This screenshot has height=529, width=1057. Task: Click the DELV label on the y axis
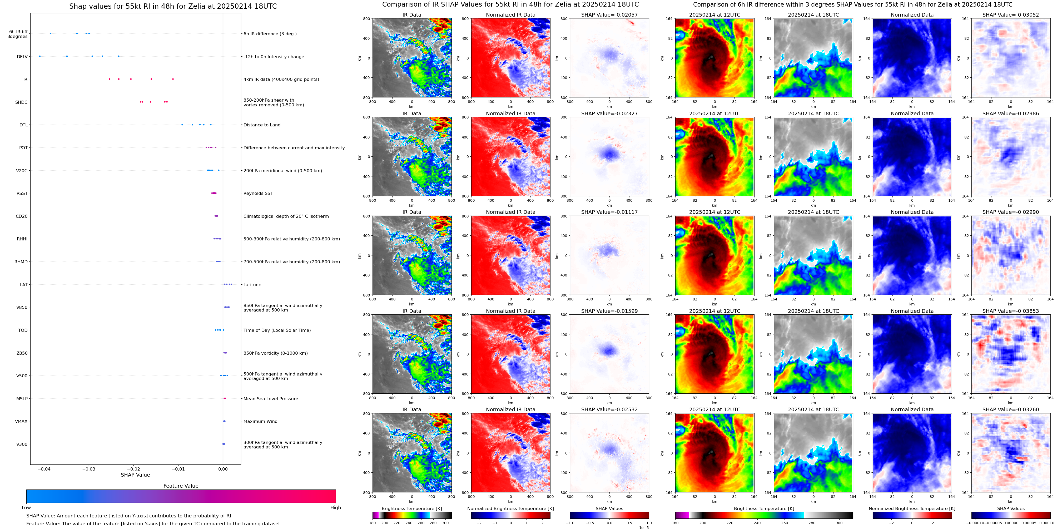pyautogui.click(x=22, y=57)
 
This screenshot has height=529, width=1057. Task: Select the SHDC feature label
pyautogui.click(x=21, y=102)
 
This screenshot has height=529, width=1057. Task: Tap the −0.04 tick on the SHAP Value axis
pyautogui.click(x=44, y=469)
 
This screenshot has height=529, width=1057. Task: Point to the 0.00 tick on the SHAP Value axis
pyautogui.click(x=223, y=469)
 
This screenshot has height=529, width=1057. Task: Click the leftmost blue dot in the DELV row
pyautogui.click(x=40, y=56)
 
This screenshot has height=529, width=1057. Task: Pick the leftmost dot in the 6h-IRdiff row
pyautogui.click(x=51, y=33)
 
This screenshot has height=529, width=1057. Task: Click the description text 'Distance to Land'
pyautogui.click(x=262, y=125)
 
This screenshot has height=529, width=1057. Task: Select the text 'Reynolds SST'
pyautogui.click(x=258, y=193)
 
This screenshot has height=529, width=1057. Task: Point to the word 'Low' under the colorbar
pyautogui.click(x=26, y=508)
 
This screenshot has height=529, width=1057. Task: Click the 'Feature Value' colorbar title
pyautogui.click(x=181, y=486)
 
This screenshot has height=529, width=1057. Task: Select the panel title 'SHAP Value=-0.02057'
pyautogui.click(x=609, y=15)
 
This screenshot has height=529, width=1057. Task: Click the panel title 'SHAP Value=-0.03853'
pyautogui.click(x=1011, y=311)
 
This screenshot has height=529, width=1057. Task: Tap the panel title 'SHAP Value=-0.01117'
pyautogui.click(x=609, y=212)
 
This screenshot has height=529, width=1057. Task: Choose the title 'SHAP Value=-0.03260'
pyautogui.click(x=1011, y=409)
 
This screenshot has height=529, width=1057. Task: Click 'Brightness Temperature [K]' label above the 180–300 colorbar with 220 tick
pyautogui.click(x=411, y=508)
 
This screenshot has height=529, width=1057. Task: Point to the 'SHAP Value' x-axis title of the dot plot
pyautogui.click(x=135, y=475)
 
